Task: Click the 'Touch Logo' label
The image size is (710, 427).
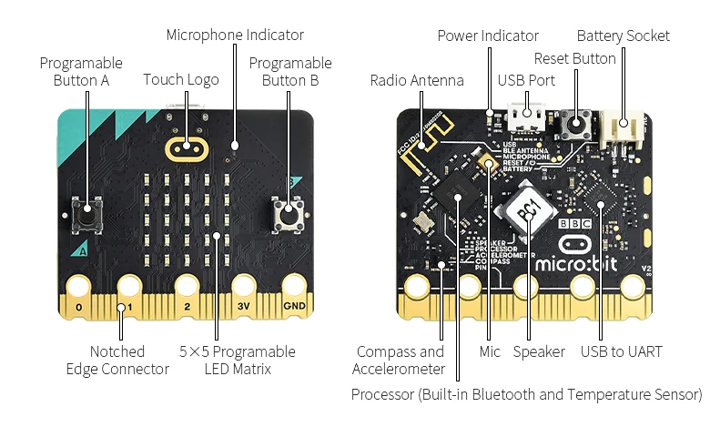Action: [181, 80]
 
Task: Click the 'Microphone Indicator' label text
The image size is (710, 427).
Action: [235, 35]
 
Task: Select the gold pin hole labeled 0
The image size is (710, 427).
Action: [79, 287]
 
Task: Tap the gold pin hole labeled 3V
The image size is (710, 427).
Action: [242, 287]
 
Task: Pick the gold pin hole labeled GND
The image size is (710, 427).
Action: [294, 287]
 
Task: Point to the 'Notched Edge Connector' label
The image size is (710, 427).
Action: [117, 360]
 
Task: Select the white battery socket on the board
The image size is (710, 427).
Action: [629, 128]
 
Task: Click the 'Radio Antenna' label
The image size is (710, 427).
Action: [417, 80]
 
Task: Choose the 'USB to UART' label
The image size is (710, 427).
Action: [621, 351]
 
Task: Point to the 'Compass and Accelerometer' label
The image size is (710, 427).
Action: [401, 360]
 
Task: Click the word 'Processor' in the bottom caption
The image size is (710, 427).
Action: [382, 394]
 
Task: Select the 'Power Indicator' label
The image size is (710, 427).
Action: [488, 36]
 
